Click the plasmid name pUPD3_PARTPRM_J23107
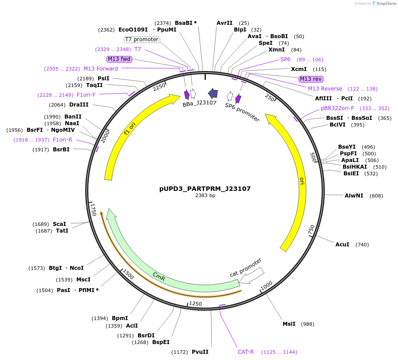point(205,189)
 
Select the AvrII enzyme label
point(224,23)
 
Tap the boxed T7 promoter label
point(142,40)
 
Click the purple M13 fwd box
point(119,59)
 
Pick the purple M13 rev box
point(311,79)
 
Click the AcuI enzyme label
point(342,245)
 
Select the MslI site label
point(289,324)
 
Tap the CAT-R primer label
point(246,352)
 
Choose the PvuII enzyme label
point(200,352)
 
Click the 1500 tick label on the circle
point(128,273)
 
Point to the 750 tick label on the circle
point(311,230)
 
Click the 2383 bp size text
point(205,196)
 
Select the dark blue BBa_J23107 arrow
point(213,93)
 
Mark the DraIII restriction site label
point(79,105)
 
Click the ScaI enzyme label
point(59,224)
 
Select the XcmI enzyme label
point(299,69)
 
